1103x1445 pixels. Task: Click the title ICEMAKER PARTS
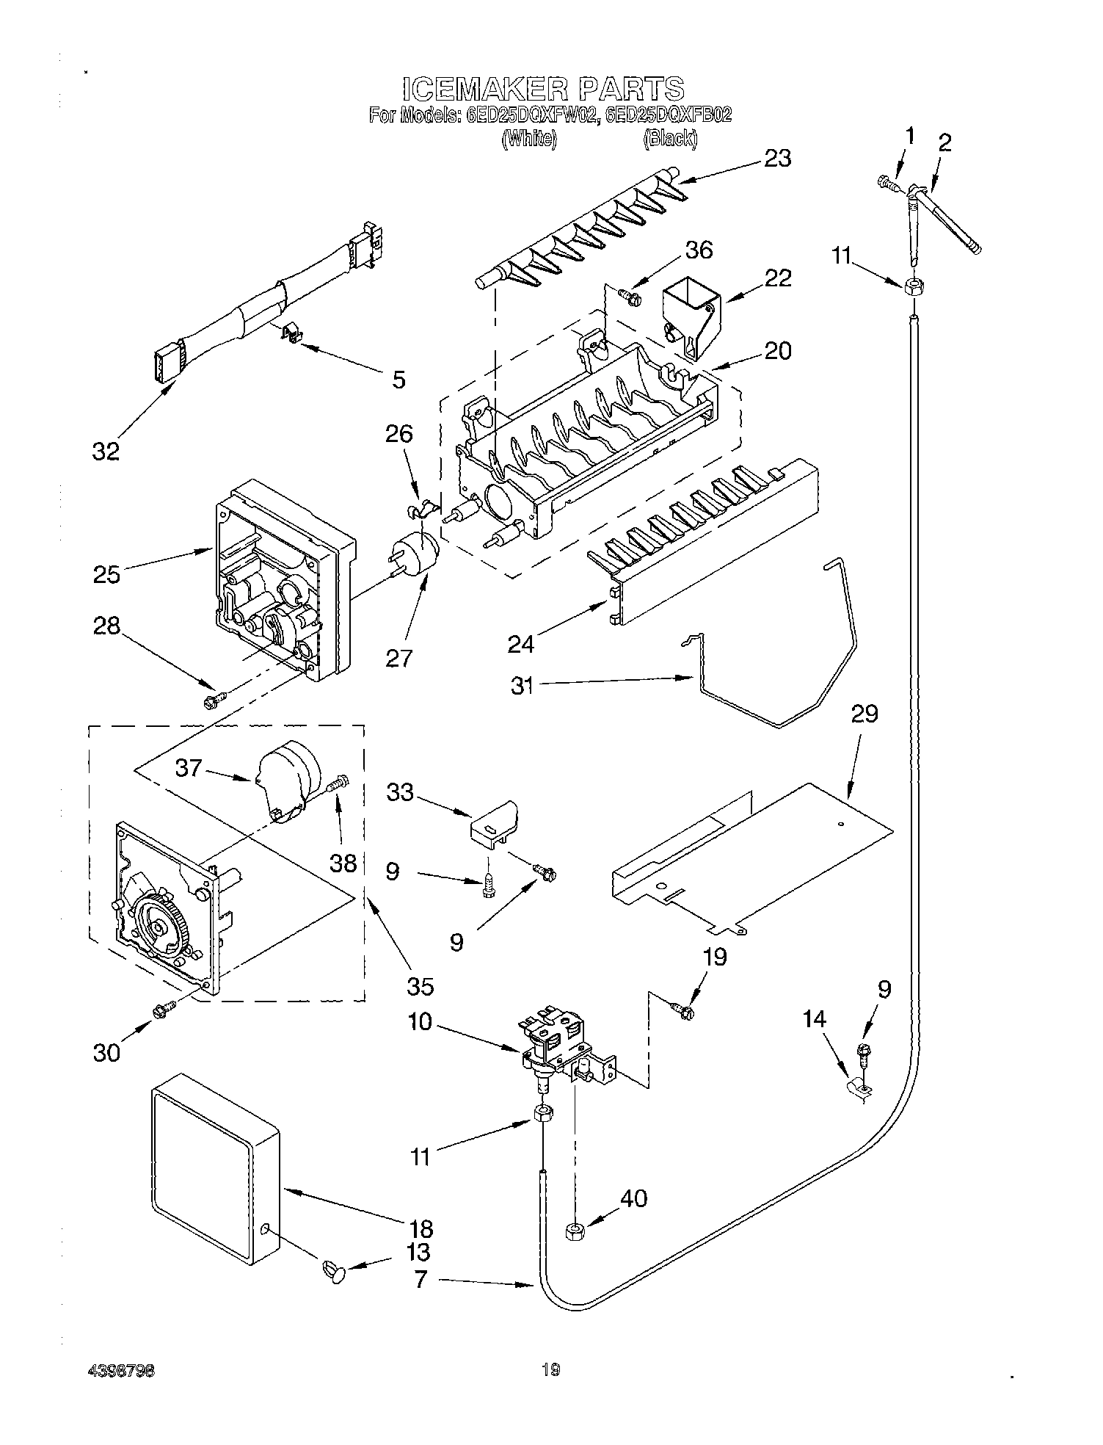coord(544,89)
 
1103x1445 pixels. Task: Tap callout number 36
coord(698,250)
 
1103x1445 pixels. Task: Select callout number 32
coord(106,452)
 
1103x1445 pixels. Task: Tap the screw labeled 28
coord(214,701)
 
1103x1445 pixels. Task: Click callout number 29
coord(864,714)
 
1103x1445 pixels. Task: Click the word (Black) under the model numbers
coord(670,138)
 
